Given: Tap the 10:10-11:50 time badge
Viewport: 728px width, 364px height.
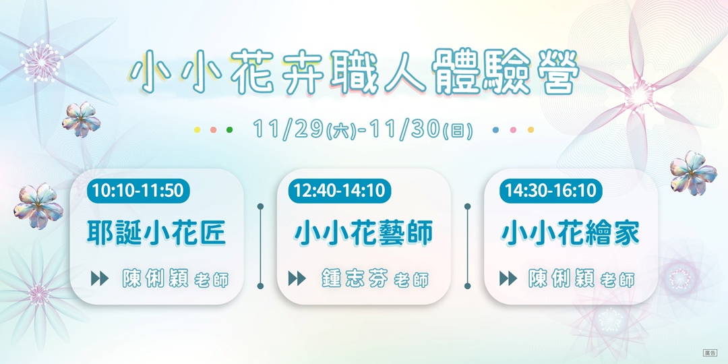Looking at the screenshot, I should (x=138, y=191).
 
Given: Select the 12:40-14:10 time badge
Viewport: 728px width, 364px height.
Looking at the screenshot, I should (x=340, y=191).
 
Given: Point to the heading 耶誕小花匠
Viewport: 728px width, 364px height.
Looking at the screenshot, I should (x=156, y=233).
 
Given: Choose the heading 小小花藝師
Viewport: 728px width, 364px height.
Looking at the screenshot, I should (x=363, y=233).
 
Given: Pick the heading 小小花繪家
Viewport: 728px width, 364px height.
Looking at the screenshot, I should (x=570, y=233).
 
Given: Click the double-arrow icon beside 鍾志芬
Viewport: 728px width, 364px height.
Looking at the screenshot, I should (x=297, y=278).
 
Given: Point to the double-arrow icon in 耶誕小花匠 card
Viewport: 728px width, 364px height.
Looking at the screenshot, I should (x=99, y=278).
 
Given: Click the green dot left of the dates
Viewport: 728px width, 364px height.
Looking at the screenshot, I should (x=229, y=129).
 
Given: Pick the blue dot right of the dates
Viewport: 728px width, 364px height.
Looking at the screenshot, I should (x=496, y=129).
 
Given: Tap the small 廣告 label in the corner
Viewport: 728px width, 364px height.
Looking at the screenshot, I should (x=710, y=353).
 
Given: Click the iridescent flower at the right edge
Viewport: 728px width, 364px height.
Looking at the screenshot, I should (x=692, y=172).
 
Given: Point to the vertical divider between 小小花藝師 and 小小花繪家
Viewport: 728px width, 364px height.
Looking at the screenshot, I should (x=467, y=243).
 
